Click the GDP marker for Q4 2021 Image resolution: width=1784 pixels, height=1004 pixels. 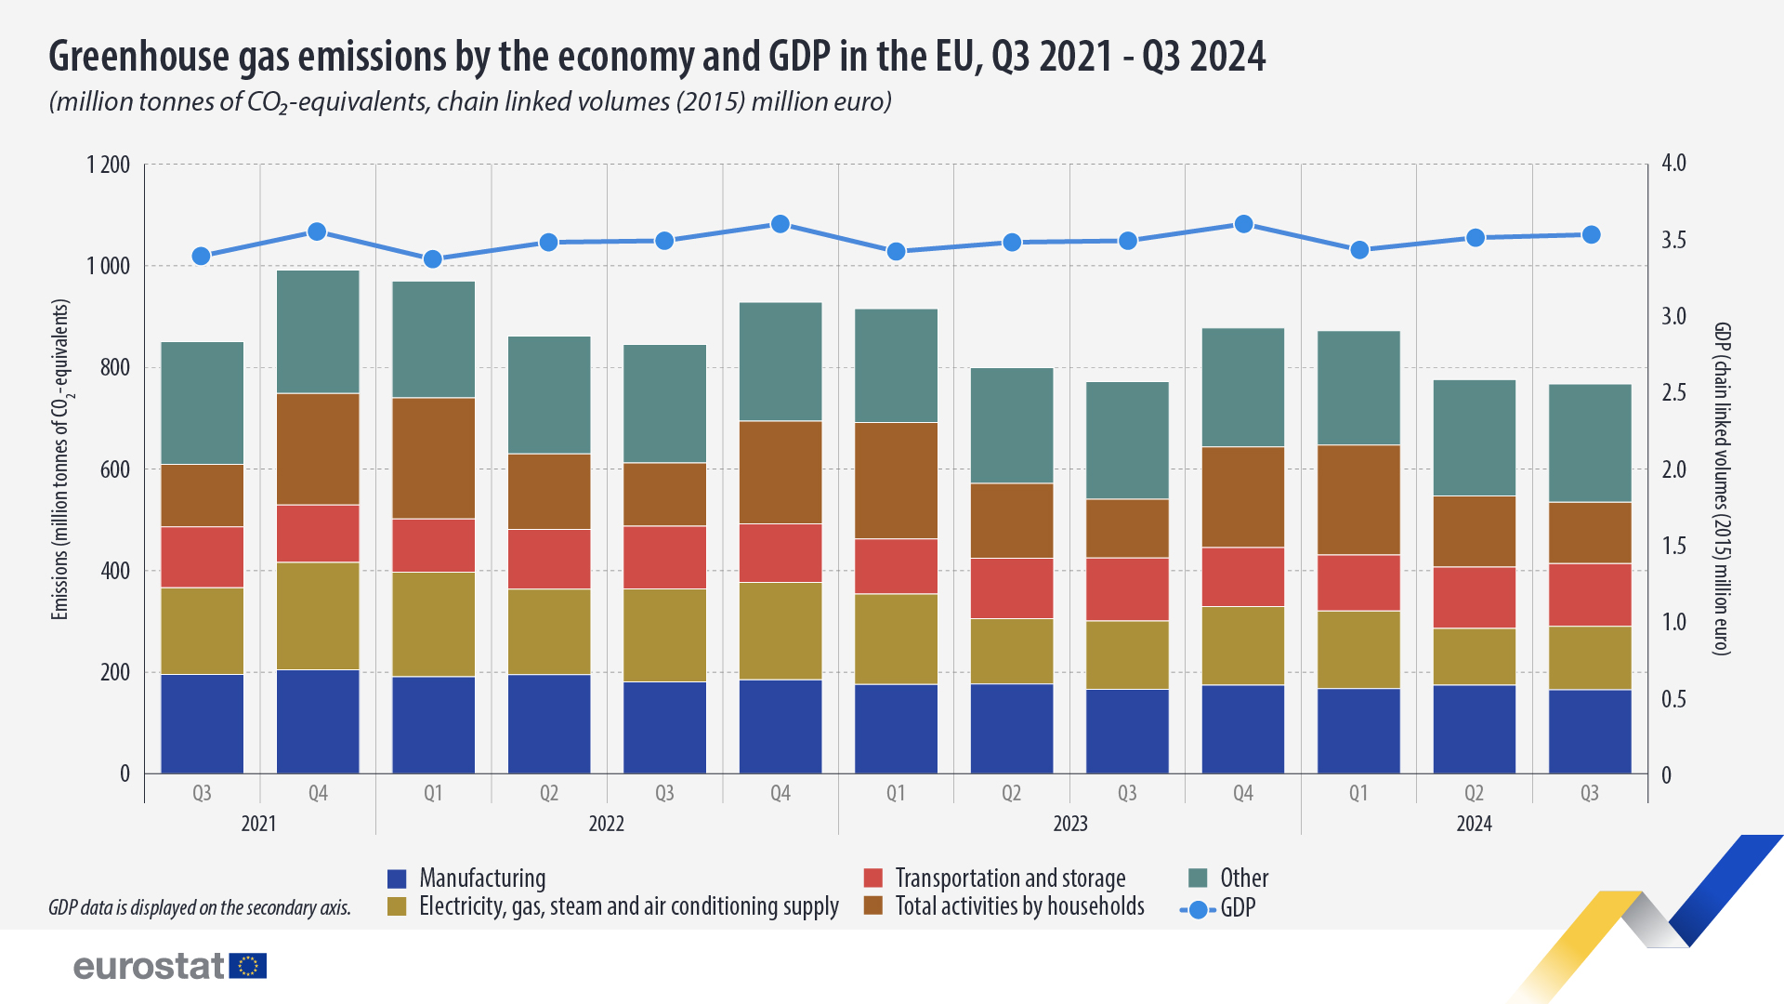(x=317, y=231)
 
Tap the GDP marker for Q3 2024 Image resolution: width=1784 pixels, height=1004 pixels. (x=1591, y=234)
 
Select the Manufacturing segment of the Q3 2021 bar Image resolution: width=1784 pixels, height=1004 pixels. (x=203, y=723)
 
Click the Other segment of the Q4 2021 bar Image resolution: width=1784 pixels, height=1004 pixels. (x=318, y=332)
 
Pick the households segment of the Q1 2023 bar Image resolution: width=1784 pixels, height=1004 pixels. (x=896, y=481)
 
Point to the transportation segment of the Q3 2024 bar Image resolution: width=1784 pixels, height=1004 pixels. (x=1590, y=594)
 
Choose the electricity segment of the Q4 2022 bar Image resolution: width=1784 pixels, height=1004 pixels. (x=780, y=630)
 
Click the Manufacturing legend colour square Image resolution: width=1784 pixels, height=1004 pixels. (x=397, y=878)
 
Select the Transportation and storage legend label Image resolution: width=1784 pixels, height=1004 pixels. (x=1010, y=878)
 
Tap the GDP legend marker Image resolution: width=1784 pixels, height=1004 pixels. (x=1199, y=910)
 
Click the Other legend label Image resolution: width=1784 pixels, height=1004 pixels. (x=1244, y=878)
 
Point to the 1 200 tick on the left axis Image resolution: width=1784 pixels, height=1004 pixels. (x=109, y=165)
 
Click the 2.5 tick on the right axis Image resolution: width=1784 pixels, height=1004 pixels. (x=1674, y=393)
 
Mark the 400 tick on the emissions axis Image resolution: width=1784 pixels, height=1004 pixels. (x=114, y=571)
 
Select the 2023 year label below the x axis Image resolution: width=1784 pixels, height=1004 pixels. (x=1069, y=824)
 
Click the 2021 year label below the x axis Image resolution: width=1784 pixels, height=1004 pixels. (x=258, y=824)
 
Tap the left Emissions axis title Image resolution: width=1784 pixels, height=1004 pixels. (x=60, y=459)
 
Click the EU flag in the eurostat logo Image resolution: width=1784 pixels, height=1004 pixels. (x=248, y=966)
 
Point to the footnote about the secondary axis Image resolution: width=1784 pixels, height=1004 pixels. (x=200, y=908)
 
